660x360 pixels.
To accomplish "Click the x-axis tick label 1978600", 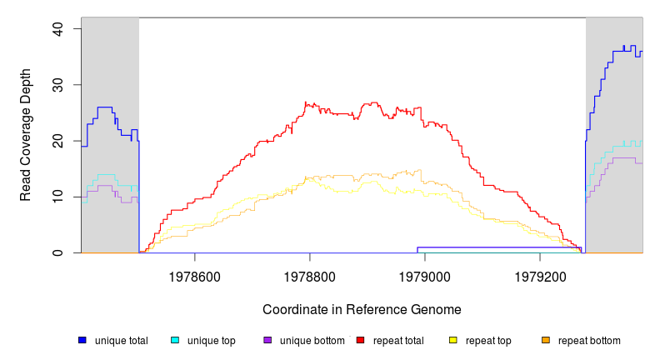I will point(195,274).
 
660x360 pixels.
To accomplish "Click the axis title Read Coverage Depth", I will point(26,141).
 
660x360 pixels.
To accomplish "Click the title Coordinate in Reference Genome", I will point(362,309).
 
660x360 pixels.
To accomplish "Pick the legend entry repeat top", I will point(487,341).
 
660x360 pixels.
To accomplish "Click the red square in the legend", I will point(360,341).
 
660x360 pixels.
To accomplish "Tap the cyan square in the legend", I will point(175,341).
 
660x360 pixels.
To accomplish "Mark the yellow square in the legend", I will point(452,341).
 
